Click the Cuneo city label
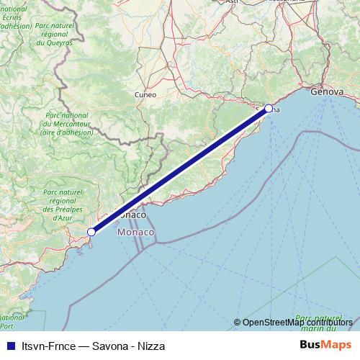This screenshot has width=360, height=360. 145,94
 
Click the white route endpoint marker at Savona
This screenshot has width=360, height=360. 269,109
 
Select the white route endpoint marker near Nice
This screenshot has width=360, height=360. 91,232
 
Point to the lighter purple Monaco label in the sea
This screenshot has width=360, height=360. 135,233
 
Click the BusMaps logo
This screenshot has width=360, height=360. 326,345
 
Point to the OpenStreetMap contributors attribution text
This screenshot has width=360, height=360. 297,323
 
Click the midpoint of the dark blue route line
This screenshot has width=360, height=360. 180,170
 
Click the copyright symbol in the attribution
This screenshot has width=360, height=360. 238,323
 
